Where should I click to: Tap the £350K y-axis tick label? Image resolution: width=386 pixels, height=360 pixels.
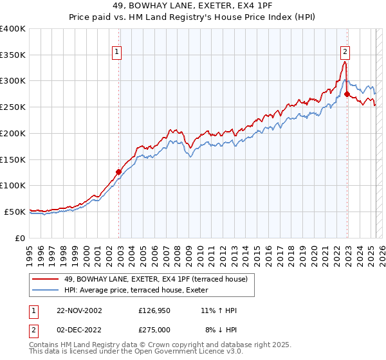click(13, 55)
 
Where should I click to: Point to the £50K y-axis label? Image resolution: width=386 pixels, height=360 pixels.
click(15, 212)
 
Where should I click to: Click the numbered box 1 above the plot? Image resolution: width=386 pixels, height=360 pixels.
click(117, 52)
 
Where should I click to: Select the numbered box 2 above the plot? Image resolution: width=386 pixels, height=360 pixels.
click(345, 52)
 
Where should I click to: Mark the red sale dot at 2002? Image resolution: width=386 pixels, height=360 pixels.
click(119, 172)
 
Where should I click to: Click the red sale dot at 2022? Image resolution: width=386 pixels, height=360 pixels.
click(347, 94)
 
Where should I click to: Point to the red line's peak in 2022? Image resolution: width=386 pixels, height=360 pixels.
click(345, 62)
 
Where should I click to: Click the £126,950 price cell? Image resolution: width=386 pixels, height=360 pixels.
click(154, 310)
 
